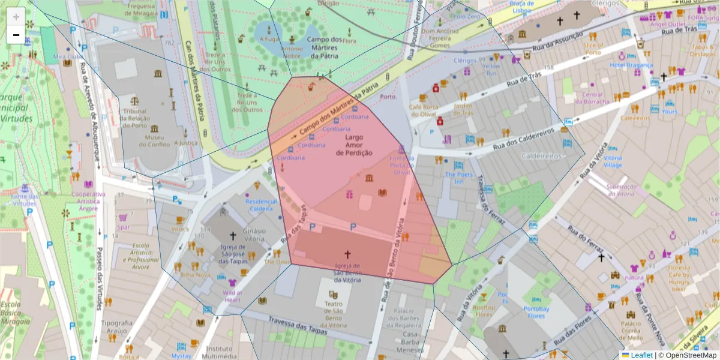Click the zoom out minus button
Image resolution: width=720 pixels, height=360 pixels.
[16, 35]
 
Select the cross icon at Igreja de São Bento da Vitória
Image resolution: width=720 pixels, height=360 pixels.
[347, 254]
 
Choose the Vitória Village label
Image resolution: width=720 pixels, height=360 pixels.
[613, 161]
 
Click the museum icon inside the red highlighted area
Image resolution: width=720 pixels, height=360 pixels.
[368, 178]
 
